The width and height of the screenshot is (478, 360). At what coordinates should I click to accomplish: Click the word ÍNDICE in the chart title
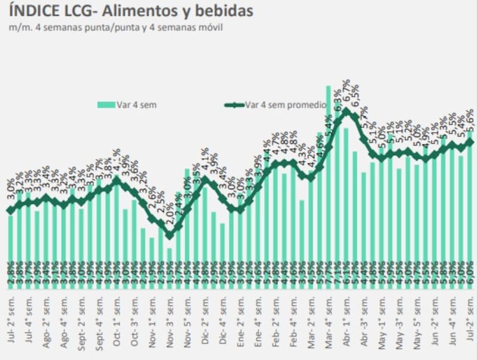click(x=33, y=11)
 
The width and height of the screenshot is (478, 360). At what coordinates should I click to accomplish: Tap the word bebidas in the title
click(x=222, y=11)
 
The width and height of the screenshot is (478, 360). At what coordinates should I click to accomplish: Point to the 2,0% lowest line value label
click(x=170, y=213)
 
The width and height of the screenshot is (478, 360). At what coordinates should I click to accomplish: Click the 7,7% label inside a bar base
click(x=329, y=276)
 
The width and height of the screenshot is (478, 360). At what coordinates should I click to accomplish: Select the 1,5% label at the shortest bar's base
click(x=170, y=276)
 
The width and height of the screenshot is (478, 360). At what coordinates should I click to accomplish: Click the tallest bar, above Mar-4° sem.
click(x=329, y=179)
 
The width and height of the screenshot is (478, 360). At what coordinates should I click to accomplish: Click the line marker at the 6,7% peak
click(x=347, y=111)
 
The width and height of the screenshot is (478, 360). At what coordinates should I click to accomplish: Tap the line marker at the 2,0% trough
click(x=170, y=235)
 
